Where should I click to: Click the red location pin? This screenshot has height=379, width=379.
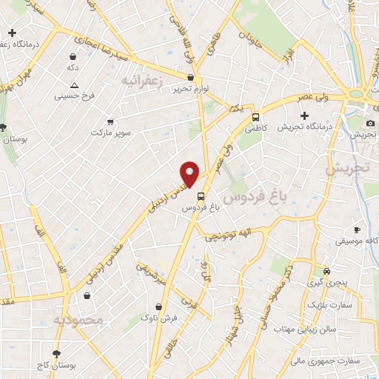pyautogui.click(x=190, y=174)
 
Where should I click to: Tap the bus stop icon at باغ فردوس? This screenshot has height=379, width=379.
pyautogui.click(x=201, y=195)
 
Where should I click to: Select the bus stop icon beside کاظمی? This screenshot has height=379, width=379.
pyautogui.click(x=256, y=117)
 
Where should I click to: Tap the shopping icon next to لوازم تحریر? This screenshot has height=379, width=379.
pyautogui.click(x=191, y=77)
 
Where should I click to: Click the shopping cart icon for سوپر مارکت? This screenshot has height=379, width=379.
pyautogui.click(x=110, y=121)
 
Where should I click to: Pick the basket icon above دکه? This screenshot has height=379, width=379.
pyautogui.click(x=73, y=56)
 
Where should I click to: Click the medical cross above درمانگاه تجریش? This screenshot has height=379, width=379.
pyautogui.click(x=304, y=115)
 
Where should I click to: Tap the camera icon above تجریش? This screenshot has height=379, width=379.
pyautogui.click(x=371, y=123)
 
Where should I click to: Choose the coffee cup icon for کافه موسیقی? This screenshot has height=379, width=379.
pyautogui.click(x=357, y=230)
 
